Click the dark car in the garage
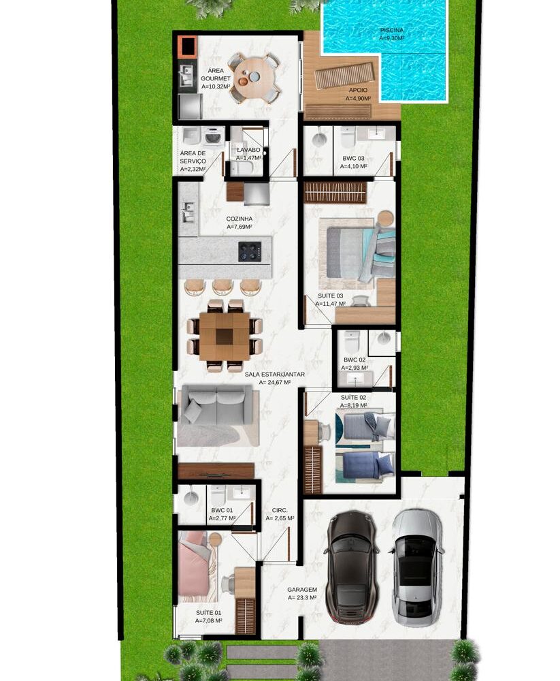pos(352,567)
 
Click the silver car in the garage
pos(416,567)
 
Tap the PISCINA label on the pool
pos(391,31)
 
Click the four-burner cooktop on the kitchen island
pos(250,251)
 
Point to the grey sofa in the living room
pos(216,405)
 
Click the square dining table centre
pos(225,336)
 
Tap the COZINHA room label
pos(240,219)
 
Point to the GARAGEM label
pos(302,590)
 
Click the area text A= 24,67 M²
pos(275,383)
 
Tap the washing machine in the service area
pos(212,136)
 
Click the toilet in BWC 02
pos(352,342)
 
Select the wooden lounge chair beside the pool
pos(344,75)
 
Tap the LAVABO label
pos(249,150)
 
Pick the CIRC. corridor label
pos(280,511)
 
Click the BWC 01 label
pos(222,510)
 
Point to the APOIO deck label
pos(358,91)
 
